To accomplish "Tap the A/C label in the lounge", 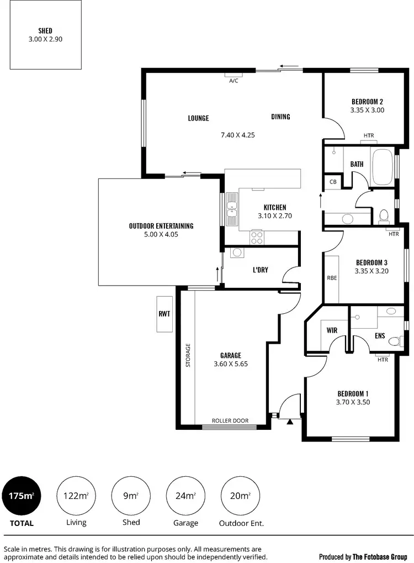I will coord(233,81).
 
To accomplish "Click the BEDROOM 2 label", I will coord(367,102).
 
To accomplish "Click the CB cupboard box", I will coord(333,182).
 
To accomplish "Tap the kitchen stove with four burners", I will coord(257,238).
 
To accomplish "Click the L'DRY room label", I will coord(260,270).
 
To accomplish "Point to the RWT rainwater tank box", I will coord(164,314).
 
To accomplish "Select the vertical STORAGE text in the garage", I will coord(188,356).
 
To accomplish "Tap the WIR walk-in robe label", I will coord(332,330).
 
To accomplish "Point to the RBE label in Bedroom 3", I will coord(332,278).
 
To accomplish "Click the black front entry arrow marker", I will coord(289,422).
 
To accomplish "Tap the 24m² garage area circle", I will coord(185,496).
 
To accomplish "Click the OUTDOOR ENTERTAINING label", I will coord(161,225).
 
